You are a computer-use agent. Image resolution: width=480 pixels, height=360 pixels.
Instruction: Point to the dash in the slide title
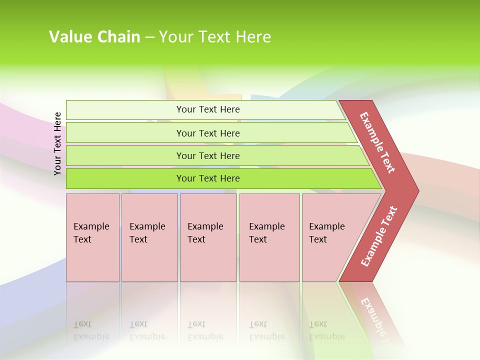[149, 37]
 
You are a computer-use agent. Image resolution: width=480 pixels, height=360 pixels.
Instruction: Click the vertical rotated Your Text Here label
[57, 143]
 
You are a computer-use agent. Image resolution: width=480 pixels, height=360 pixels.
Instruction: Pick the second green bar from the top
[207, 133]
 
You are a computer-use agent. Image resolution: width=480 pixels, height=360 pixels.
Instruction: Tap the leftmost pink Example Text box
[92, 237]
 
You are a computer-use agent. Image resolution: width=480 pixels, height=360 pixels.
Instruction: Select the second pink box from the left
[149, 237]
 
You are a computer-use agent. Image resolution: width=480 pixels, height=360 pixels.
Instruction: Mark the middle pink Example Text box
[208, 237]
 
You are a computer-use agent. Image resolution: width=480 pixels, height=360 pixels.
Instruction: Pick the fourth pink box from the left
[269, 237]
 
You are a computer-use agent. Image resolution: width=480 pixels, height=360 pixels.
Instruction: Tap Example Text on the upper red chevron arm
[377, 142]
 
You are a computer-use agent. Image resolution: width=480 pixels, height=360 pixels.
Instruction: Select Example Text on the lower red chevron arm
[379, 236]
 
